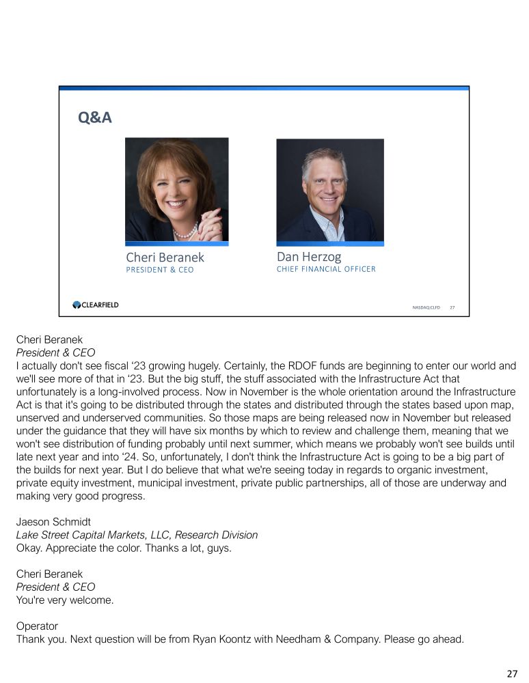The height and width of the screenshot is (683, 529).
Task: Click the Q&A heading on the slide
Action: [x=95, y=118]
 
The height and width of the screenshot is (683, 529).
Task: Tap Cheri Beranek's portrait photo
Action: [x=176, y=189]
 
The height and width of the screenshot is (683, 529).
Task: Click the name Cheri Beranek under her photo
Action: [x=165, y=257]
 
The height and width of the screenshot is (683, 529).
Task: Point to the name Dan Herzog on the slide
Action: [x=308, y=257]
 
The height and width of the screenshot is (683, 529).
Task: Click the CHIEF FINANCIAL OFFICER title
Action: [x=326, y=269]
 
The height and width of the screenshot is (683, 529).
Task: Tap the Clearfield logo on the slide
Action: [x=96, y=305]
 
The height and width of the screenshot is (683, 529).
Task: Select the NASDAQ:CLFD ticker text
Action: [x=426, y=307]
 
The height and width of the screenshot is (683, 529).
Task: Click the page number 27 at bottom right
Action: [x=512, y=673]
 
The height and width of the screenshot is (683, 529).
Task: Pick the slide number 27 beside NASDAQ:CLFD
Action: [x=452, y=307]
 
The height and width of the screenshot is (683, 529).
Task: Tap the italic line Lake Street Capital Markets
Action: [x=137, y=535]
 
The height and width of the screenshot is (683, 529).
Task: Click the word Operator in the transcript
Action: [x=37, y=626]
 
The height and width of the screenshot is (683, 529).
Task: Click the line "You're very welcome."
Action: [x=65, y=600]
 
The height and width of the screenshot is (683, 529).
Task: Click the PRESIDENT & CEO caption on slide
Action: [x=160, y=270]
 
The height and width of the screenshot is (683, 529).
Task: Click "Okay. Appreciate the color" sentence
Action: [x=123, y=548]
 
